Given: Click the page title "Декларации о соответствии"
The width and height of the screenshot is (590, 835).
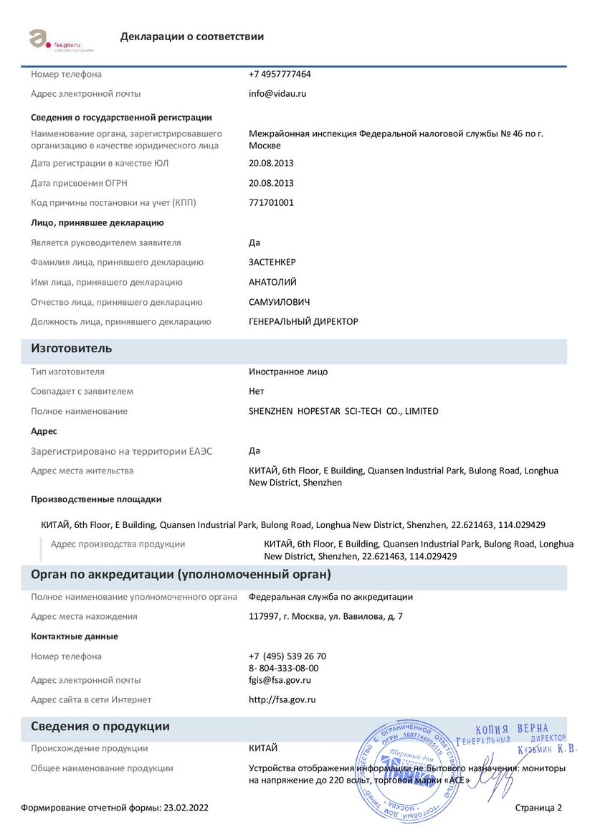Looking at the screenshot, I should pyautogui.click(x=192, y=37).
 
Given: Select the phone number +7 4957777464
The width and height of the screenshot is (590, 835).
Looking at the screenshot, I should pyautogui.click(x=280, y=74).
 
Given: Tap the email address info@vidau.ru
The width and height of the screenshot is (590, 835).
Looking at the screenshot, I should pyautogui.click(x=277, y=93).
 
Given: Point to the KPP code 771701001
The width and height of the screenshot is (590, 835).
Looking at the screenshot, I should pyautogui.click(x=271, y=202).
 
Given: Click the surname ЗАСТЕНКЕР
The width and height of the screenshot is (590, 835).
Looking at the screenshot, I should pyautogui.click(x=272, y=262).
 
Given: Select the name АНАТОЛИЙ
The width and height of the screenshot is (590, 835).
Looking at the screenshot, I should pyautogui.click(x=272, y=282).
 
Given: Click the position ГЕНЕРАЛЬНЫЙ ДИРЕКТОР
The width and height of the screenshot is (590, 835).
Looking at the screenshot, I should pyautogui.click(x=303, y=321).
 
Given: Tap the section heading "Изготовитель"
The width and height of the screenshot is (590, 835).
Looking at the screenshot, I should pyautogui.click(x=71, y=349).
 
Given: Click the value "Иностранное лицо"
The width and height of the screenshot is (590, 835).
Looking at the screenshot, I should pyautogui.click(x=288, y=372).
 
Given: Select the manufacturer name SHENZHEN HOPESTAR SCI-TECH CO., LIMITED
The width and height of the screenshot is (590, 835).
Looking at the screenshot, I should pyautogui.click(x=343, y=411).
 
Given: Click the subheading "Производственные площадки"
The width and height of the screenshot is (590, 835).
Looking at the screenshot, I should pyautogui.click(x=96, y=499).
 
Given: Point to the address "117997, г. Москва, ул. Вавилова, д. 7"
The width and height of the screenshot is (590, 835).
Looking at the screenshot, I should pyautogui.click(x=325, y=616).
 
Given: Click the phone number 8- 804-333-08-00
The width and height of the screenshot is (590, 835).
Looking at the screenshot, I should pyautogui.click(x=284, y=668).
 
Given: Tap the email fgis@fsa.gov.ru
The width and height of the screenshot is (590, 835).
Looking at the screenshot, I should pyautogui.click(x=280, y=680).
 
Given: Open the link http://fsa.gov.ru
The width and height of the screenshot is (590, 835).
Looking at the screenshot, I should pyautogui.click(x=282, y=699).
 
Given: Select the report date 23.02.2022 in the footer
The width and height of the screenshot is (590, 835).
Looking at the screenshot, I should pyautogui.click(x=186, y=808).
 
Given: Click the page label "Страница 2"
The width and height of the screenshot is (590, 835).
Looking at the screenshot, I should pyautogui.click(x=538, y=808).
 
